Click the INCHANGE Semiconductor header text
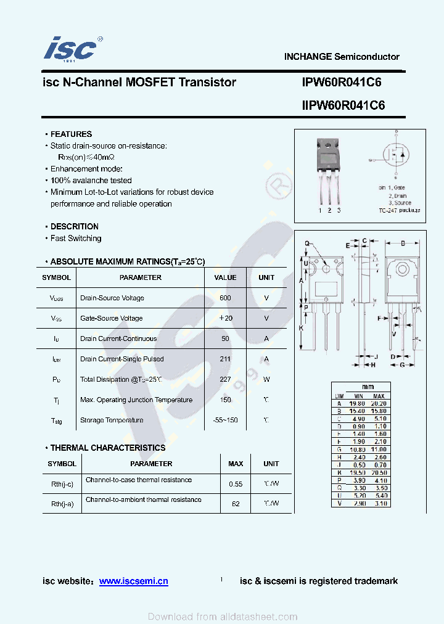pyautogui.click(x=341, y=57)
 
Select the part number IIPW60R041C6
pyautogui.click(x=343, y=105)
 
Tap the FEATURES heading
pyautogui.click(x=71, y=134)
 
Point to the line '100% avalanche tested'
pyautogui.click(x=91, y=180)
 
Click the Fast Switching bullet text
pyautogui.click(x=76, y=238)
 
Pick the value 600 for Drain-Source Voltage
pyautogui.click(x=225, y=298)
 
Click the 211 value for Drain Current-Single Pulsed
pyautogui.click(x=225, y=359)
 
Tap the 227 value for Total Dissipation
pyautogui.click(x=225, y=379)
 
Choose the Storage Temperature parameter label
pyautogui.click(x=111, y=420)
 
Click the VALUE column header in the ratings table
pyautogui.click(x=225, y=277)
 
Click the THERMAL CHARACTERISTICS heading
pyautogui.click(x=108, y=448)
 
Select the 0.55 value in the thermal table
pyautogui.click(x=236, y=484)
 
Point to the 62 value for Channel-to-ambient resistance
pyautogui.click(x=236, y=504)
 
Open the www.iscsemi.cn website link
pyautogui.click(x=133, y=581)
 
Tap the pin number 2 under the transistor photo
pyautogui.click(x=329, y=211)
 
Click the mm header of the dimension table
pyautogui.click(x=368, y=387)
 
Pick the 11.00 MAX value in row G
pyautogui.click(x=379, y=450)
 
